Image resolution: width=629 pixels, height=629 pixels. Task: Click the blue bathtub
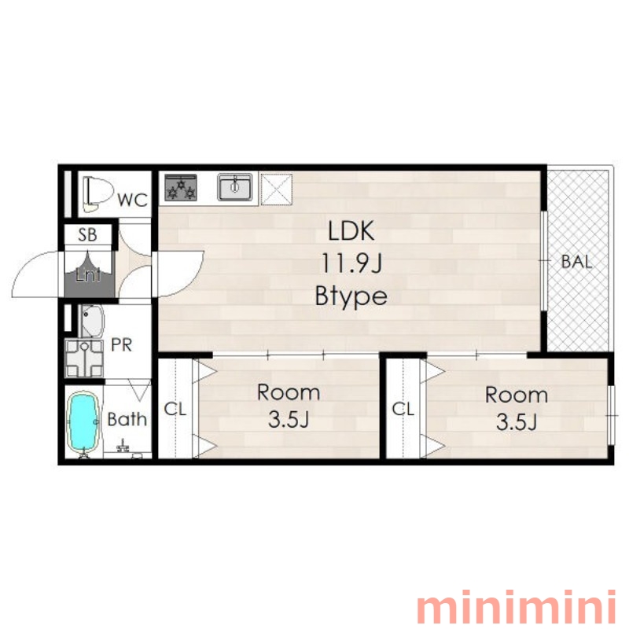pos(83,422)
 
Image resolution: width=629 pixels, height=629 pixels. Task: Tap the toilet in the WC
pos(96,193)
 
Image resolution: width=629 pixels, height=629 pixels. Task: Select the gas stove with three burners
pos(181,187)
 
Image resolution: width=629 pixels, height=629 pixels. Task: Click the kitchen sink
pos(235,186)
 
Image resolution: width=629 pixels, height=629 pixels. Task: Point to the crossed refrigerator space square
pos(277,189)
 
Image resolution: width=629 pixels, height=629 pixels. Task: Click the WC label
pos(133,200)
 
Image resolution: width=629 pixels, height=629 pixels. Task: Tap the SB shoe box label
pos(87,234)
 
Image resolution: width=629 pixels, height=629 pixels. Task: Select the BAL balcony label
pos(576,262)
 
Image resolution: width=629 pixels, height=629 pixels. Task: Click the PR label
pos(122,345)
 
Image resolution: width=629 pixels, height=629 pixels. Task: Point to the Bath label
pos(127,420)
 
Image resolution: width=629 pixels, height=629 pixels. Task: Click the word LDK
pos(351,230)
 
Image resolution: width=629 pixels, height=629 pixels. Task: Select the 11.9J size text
pos(351,264)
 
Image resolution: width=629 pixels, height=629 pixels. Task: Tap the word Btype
pos(351,296)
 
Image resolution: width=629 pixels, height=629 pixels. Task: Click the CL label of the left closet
pos(175,409)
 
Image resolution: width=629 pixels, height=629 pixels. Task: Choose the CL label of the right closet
pos(403,409)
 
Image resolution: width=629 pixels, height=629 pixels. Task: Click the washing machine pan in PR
pos(84,359)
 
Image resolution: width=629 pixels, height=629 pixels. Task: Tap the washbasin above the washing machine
pos(93,322)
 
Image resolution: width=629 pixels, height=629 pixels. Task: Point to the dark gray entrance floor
pos(89,277)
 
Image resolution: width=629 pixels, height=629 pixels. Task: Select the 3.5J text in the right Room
pos(517,422)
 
